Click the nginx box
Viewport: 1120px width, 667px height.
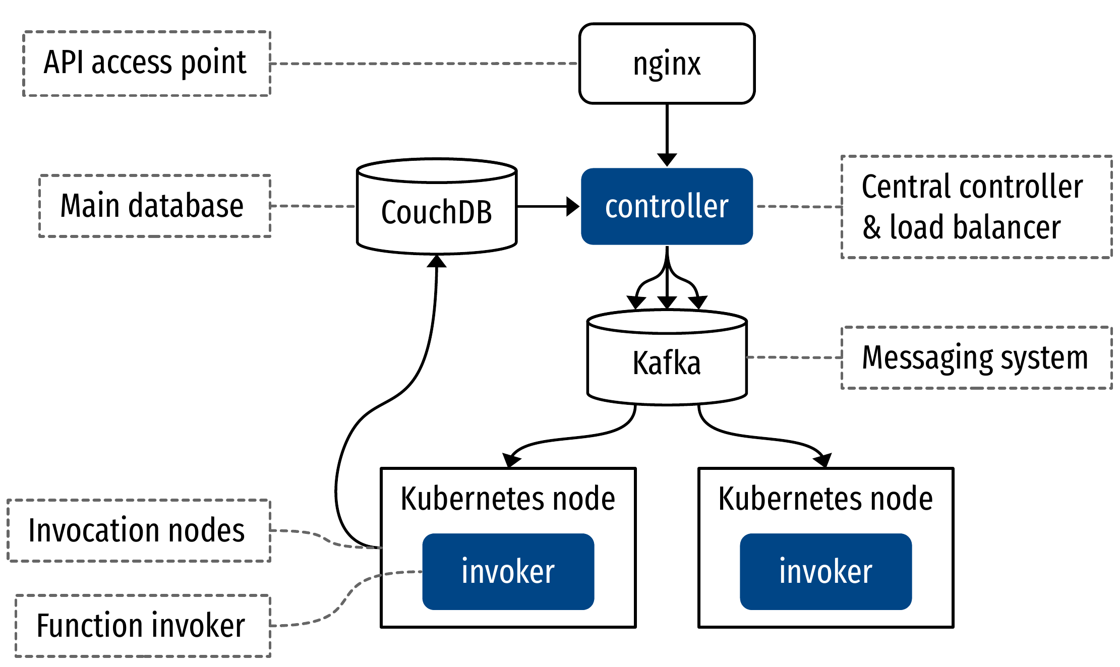pyautogui.click(x=667, y=64)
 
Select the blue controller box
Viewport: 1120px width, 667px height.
pyautogui.click(x=667, y=206)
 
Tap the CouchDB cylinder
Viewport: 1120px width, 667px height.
pyautogui.click(x=436, y=212)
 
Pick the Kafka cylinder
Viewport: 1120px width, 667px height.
pyautogui.click(x=667, y=363)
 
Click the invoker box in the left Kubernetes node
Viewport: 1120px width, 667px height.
pyautogui.click(x=508, y=571)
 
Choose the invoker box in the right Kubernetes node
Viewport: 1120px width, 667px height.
pyautogui.click(x=826, y=571)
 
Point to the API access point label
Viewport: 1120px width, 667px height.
pyautogui.click(x=146, y=63)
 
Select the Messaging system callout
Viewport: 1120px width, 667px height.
pyautogui.click(x=976, y=357)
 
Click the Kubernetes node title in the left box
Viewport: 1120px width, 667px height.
pyautogui.click(x=508, y=499)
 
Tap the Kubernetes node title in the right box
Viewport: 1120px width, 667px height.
pyautogui.click(x=826, y=499)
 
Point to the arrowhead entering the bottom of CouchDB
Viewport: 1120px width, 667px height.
pyautogui.click(x=436, y=261)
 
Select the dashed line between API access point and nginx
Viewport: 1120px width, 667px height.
pyautogui.click(x=424, y=64)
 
